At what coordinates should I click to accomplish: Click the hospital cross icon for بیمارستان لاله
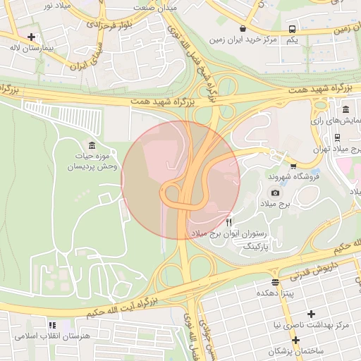(31, 36)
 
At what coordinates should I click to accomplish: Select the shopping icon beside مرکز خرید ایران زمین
(243, 29)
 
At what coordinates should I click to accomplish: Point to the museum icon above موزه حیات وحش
(92, 145)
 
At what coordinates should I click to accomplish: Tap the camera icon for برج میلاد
(275, 192)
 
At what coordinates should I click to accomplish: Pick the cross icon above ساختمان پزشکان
(296, 340)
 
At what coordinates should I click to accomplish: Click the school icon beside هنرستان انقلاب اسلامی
(51, 326)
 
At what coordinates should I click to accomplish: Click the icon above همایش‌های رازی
(345, 110)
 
